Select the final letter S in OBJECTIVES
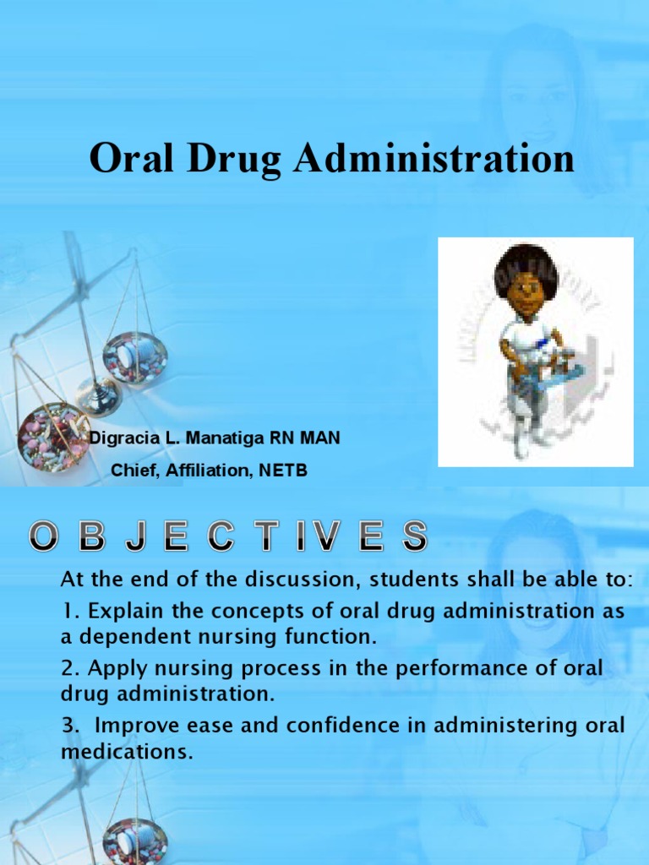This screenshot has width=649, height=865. tap(412, 536)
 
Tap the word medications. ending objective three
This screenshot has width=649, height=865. tap(127, 751)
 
